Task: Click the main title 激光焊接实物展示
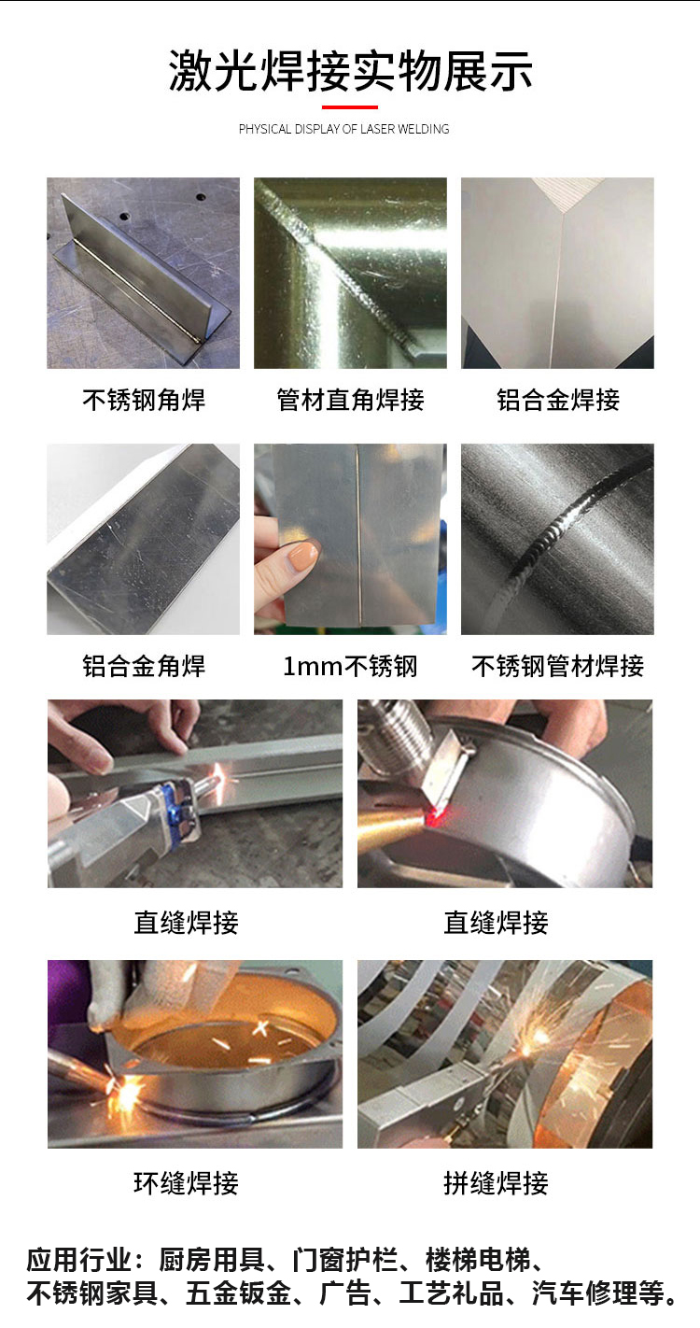(350, 71)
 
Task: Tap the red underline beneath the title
(350, 107)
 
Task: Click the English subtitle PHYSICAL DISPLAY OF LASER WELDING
(343, 129)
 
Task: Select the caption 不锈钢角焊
(144, 400)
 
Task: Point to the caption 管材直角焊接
(350, 400)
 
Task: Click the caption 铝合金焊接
(558, 400)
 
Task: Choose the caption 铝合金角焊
(144, 666)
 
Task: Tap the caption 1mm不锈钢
(350, 667)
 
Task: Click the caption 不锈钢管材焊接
(558, 666)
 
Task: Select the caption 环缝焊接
(186, 1183)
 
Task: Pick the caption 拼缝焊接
(497, 1183)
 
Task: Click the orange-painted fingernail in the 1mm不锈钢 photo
(303, 555)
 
